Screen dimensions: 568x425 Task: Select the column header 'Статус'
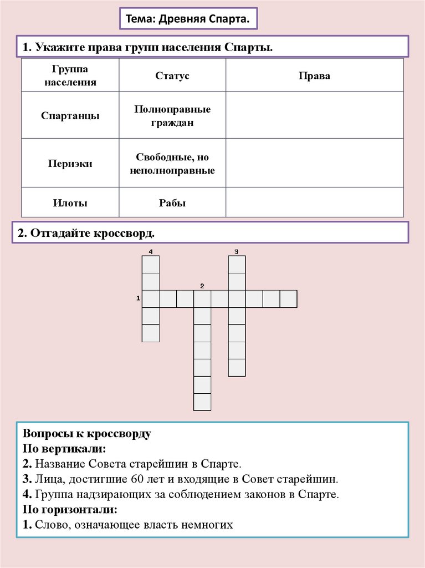click(x=172, y=75)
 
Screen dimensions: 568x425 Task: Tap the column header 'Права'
click(x=314, y=75)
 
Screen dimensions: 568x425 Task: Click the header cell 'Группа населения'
click(x=70, y=75)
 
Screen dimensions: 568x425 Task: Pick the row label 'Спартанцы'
click(x=70, y=116)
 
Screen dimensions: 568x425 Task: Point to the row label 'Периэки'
click(x=70, y=164)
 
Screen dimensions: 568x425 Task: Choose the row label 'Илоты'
click(x=70, y=203)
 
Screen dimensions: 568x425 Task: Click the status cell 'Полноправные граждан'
click(x=172, y=116)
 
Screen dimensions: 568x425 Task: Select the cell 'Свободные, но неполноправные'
click(x=172, y=164)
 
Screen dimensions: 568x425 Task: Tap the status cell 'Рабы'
click(x=172, y=203)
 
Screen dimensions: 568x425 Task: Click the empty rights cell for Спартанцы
click(x=314, y=115)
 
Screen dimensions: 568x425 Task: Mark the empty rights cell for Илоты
click(x=314, y=202)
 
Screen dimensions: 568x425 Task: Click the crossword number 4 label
click(x=150, y=252)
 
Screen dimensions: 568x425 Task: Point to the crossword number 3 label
click(x=237, y=252)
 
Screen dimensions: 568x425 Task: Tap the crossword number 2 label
click(x=202, y=286)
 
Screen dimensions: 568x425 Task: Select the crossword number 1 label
click(x=137, y=298)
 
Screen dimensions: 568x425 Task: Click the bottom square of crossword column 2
click(x=202, y=402)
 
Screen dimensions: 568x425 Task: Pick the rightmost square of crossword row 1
click(x=289, y=298)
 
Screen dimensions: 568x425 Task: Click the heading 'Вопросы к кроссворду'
click(x=86, y=433)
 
